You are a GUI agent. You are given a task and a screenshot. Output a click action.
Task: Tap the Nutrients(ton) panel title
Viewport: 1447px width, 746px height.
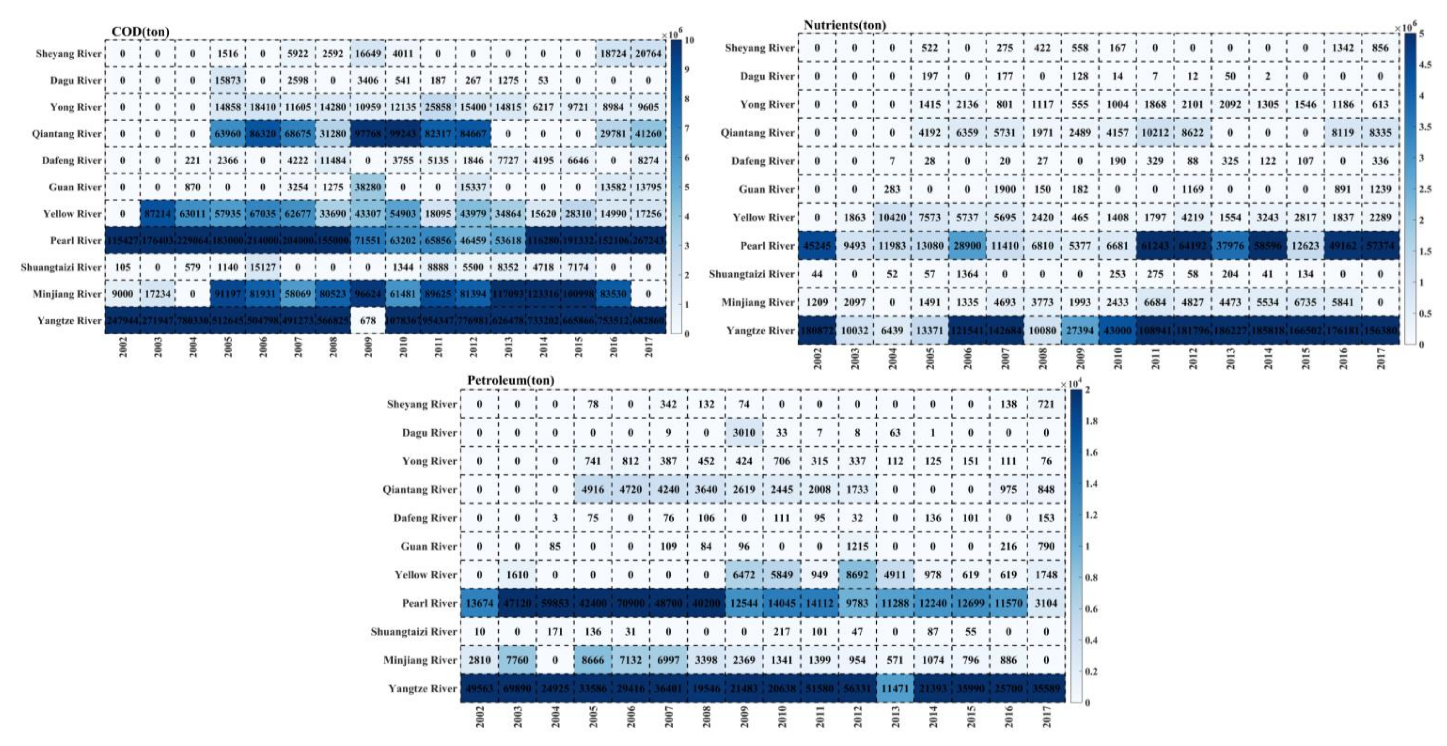[x=844, y=25]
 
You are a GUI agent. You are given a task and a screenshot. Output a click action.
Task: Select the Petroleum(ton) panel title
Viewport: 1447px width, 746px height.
[x=511, y=380]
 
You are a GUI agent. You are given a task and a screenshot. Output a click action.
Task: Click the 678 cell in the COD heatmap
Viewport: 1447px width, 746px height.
[x=368, y=320]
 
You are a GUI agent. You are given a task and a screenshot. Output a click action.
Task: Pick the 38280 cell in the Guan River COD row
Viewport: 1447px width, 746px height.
[x=368, y=187]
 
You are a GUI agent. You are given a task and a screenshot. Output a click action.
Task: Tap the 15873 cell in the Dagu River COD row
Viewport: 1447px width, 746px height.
[x=227, y=80]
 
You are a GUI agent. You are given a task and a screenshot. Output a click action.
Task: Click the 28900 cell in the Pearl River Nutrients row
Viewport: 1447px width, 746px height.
[x=967, y=246]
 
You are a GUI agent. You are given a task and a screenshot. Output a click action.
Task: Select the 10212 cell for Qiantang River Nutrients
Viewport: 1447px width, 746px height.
[x=1155, y=132]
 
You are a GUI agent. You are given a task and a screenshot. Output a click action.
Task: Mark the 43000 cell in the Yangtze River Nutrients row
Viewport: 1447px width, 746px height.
[x=1117, y=330]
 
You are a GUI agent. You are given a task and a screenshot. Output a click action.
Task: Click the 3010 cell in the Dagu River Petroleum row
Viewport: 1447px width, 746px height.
[x=744, y=433]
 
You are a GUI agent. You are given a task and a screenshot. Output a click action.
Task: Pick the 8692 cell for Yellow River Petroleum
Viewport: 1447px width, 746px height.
[x=857, y=575]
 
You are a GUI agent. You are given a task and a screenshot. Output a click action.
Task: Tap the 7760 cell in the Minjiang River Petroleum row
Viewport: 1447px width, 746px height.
[x=517, y=660]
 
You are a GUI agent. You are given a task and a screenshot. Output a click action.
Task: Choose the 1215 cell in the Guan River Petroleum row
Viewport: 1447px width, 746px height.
[x=857, y=546]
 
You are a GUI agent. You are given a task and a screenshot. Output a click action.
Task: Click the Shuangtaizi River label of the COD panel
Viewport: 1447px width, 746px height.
[x=61, y=267]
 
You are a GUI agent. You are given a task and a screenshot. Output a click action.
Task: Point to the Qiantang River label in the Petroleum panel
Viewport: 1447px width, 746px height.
[x=419, y=489]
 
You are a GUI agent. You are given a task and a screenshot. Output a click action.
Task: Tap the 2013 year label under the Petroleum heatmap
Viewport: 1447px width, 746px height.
[x=895, y=716]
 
